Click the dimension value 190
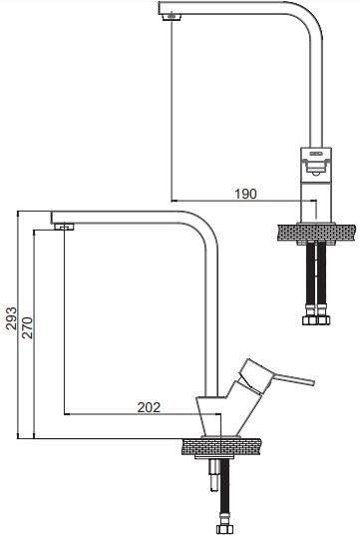click(x=245, y=194)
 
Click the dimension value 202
click(x=149, y=407)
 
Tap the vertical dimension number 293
click(x=12, y=318)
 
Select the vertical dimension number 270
click(x=27, y=327)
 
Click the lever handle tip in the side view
click(x=313, y=382)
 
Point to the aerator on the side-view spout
click(x=64, y=227)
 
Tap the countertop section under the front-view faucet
click(x=316, y=233)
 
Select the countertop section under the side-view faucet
click(x=221, y=447)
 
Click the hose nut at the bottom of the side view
click(x=224, y=530)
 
